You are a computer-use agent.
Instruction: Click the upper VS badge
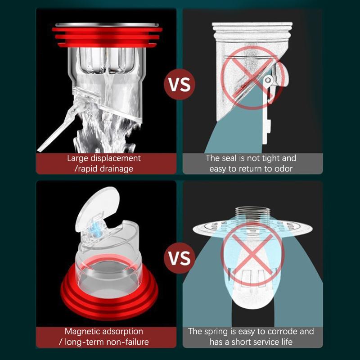pyautogui.click(x=180, y=84)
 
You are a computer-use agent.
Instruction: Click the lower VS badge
pyautogui.click(x=180, y=258)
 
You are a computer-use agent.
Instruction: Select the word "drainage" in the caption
pyautogui.click(x=115, y=169)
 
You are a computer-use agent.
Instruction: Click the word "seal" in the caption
pyautogui.click(x=229, y=158)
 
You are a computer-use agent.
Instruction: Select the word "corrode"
pyautogui.click(x=282, y=332)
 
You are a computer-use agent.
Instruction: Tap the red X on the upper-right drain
pyautogui.click(x=252, y=77)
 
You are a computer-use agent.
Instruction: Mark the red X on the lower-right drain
pyautogui.click(x=252, y=254)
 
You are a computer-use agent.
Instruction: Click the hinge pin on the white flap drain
pyautogui.click(x=268, y=80)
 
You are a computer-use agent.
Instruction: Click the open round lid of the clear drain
pyautogui.click(x=98, y=207)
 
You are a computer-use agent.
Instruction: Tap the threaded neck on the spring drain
pyautogui.click(x=252, y=215)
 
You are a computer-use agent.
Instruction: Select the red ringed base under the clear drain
pyautogui.click(x=109, y=292)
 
